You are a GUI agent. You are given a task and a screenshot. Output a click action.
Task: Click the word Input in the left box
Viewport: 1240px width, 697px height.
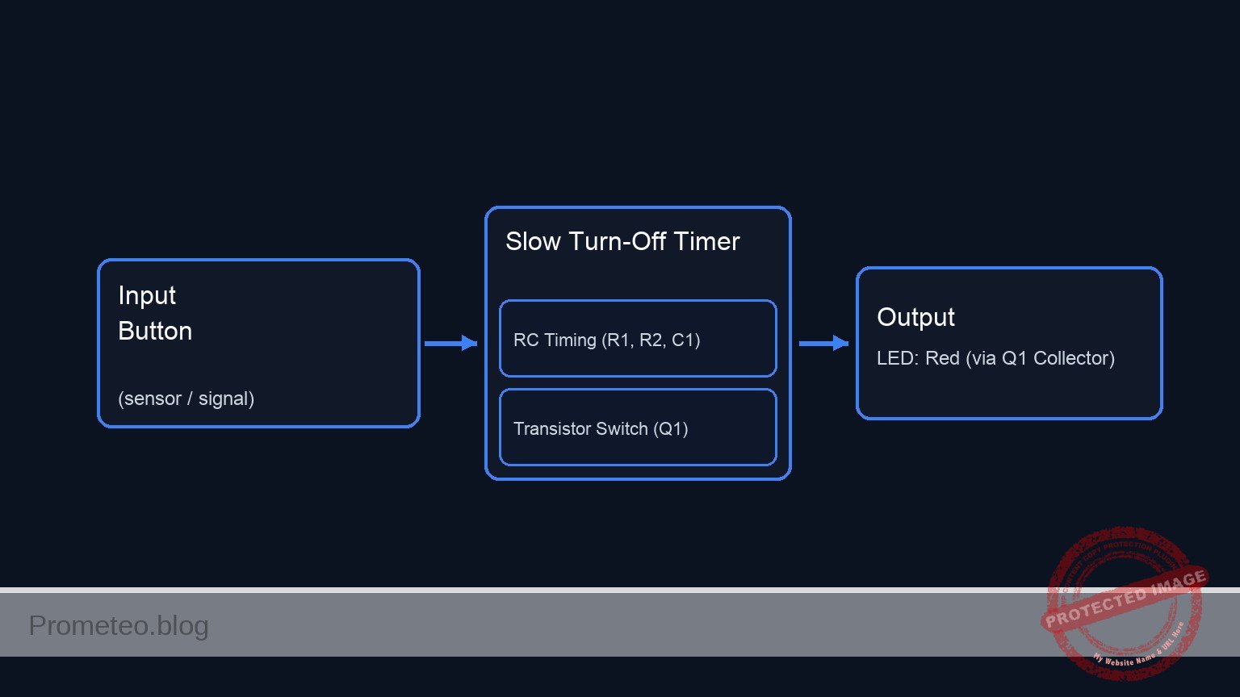[147, 295]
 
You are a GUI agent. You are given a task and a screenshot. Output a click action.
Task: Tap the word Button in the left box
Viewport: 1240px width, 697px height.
[155, 331]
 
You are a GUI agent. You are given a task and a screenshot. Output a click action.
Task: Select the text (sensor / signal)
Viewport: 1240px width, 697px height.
[186, 399]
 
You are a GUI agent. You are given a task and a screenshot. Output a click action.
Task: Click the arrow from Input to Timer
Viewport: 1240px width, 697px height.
[450, 344]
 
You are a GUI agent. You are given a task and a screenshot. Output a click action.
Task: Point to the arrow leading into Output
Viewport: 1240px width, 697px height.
[823, 344]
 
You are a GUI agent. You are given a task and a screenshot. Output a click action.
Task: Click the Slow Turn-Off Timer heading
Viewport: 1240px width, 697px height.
[622, 241]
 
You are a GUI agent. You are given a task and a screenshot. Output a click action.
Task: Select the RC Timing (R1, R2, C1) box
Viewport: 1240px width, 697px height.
[638, 339]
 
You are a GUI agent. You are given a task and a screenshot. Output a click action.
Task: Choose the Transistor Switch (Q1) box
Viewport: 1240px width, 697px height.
[638, 428]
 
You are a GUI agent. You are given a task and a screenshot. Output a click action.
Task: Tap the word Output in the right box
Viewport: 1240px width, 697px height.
[915, 317]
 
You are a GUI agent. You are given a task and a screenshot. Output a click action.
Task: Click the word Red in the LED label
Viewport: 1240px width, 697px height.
[942, 358]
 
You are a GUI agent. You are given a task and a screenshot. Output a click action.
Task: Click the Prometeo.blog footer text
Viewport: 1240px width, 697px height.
[119, 625]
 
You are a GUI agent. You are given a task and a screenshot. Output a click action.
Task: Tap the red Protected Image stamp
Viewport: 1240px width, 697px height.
[1124, 603]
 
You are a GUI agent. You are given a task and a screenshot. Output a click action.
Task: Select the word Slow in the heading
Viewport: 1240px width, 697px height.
[533, 241]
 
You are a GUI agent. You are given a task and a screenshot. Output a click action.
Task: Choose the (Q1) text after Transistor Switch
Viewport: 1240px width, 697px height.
[671, 428]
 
